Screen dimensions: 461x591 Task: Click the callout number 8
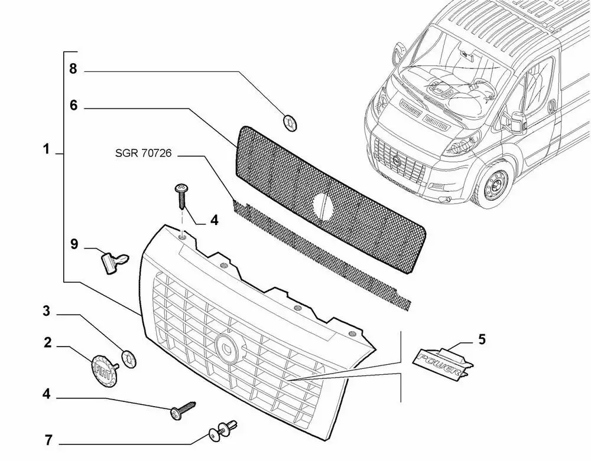[x=73, y=70]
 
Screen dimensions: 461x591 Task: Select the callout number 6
[x=73, y=106]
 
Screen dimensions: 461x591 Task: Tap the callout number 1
[x=47, y=150]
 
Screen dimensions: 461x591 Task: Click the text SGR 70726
[x=144, y=154]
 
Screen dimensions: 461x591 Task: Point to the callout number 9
[x=74, y=244]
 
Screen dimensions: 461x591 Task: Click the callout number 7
[x=47, y=439]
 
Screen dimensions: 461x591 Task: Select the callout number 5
[x=482, y=339]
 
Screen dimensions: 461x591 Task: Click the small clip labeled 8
[x=291, y=123]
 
